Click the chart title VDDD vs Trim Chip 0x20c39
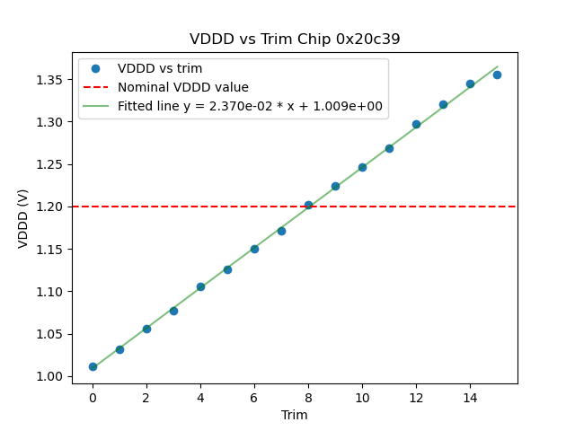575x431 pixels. (295, 40)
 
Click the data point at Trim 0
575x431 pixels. (93, 366)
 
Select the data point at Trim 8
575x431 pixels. (308, 205)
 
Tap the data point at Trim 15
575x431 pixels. (497, 75)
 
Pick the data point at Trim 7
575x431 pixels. (281, 231)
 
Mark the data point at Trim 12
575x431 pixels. (416, 124)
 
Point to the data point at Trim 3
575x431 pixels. (173, 311)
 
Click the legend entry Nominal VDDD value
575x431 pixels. (183, 87)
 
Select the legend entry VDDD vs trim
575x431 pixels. (160, 68)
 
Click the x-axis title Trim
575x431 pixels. (295, 415)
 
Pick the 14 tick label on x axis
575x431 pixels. (470, 397)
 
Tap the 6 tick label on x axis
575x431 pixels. (254, 397)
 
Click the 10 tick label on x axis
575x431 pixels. (362, 397)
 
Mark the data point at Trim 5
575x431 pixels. (227, 269)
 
